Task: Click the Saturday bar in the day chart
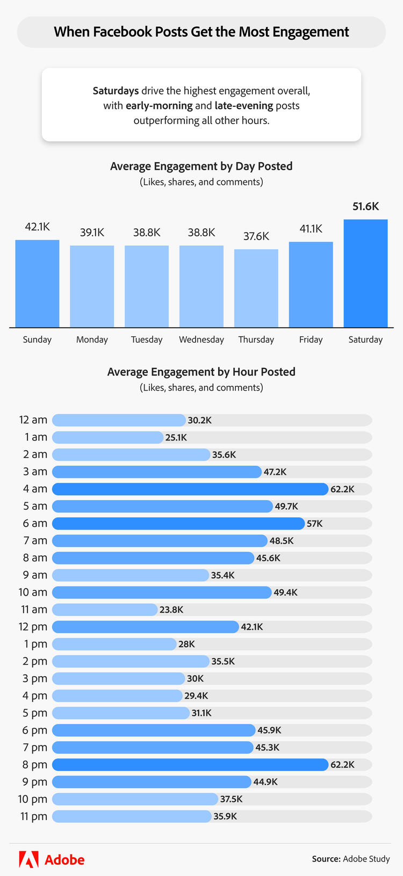tap(365, 273)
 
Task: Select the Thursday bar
tap(256, 288)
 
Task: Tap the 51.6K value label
tap(365, 207)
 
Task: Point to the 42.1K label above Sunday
tap(37, 227)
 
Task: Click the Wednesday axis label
tap(201, 340)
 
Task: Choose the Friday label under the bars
tap(311, 340)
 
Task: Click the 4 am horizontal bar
tap(190, 489)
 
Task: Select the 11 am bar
tap(105, 610)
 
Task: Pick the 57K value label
tap(315, 524)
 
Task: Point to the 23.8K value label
tap(171, 610)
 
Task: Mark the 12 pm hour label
tap(33, 627)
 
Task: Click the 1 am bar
tap(107, 438)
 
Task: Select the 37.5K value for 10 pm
tap(231, 799)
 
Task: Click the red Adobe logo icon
tap(28, 859)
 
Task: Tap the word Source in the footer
tap(326, 859)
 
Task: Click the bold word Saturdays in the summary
tap(116, 91)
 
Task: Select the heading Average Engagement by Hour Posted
tap(201, 372)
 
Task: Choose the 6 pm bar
tap(154, 730)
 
